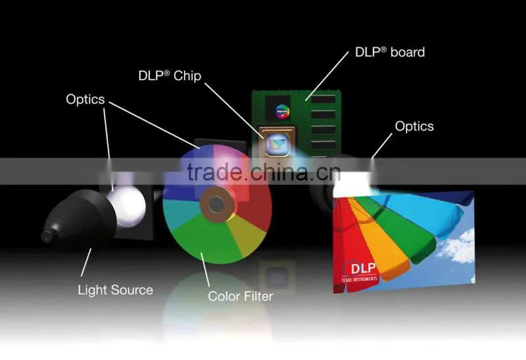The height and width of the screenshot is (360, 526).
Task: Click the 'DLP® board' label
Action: (390, 53)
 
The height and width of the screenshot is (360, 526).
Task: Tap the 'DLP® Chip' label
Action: (170, 76)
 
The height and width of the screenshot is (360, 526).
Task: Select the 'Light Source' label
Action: (116, 290)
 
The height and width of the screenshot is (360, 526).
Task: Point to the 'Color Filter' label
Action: (241, 296)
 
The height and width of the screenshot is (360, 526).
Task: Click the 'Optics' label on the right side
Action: (414, 126)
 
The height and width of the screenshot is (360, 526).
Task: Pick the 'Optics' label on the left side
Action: (85, 99)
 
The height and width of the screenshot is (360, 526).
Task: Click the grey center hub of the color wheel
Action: (216, 204)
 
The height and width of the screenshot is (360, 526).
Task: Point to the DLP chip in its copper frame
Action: (277, 142)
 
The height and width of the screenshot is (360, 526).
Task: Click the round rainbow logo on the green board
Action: (283, 112)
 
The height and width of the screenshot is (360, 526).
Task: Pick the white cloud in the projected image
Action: (457, 246)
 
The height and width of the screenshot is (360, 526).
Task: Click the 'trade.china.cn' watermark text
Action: (264, 171)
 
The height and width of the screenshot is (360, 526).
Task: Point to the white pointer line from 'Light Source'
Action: (86, 262)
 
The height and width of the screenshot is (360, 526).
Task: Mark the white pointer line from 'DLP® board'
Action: (327, 76)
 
